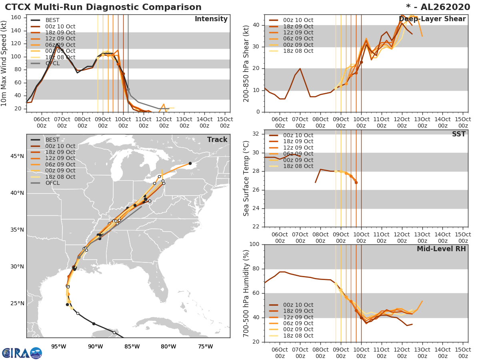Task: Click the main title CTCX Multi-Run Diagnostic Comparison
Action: pos(103,7)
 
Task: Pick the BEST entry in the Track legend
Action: pos(52,140)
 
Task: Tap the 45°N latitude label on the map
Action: pos(17,156)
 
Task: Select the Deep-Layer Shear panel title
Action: pos(432,19)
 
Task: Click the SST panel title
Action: pos(458,134)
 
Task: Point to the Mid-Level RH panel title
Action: pos(441,249)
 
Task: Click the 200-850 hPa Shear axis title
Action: pos(246,63)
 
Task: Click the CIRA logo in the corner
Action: pos(22,353)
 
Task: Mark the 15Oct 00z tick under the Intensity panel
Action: pos(225,122)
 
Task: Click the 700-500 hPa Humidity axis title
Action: pos(246,293)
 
